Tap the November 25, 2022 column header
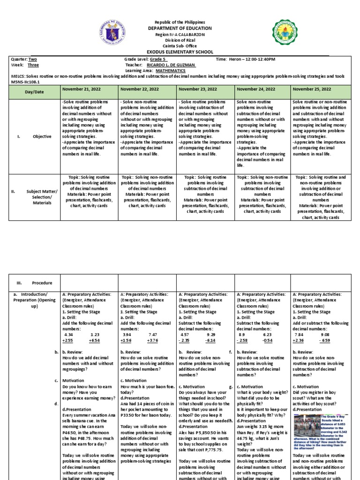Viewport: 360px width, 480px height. pyautogui.click(x=312, y=89)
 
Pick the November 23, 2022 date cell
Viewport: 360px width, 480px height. pyautogui.click(x=198, y=89)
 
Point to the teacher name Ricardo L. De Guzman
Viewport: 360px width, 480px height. pyautogui.click(x=171, y=65)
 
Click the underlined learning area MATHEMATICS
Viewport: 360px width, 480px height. pyautogui.click(x=171, y=70)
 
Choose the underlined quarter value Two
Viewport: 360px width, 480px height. pyautogui.click(x=32, y=60)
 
